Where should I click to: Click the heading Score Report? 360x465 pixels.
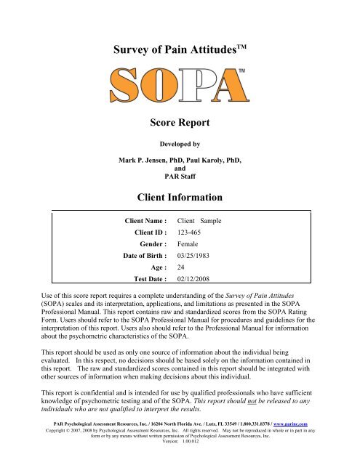[180, 125]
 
